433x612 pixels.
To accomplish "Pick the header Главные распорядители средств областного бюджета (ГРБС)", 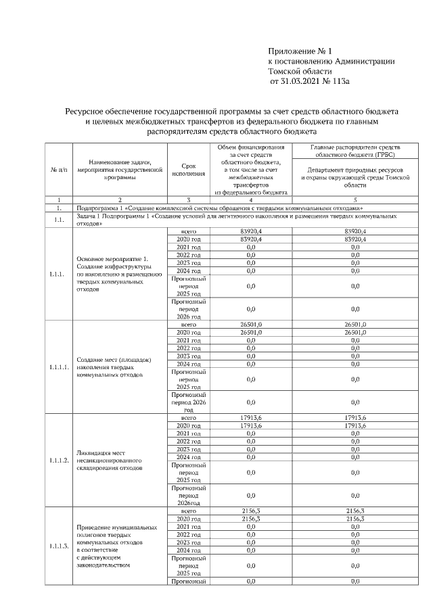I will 355,151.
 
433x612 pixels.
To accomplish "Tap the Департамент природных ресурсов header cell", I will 355,177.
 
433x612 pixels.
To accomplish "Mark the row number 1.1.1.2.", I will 59,461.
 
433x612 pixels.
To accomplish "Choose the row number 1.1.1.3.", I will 59,546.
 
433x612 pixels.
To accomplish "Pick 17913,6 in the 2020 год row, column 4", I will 251,426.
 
